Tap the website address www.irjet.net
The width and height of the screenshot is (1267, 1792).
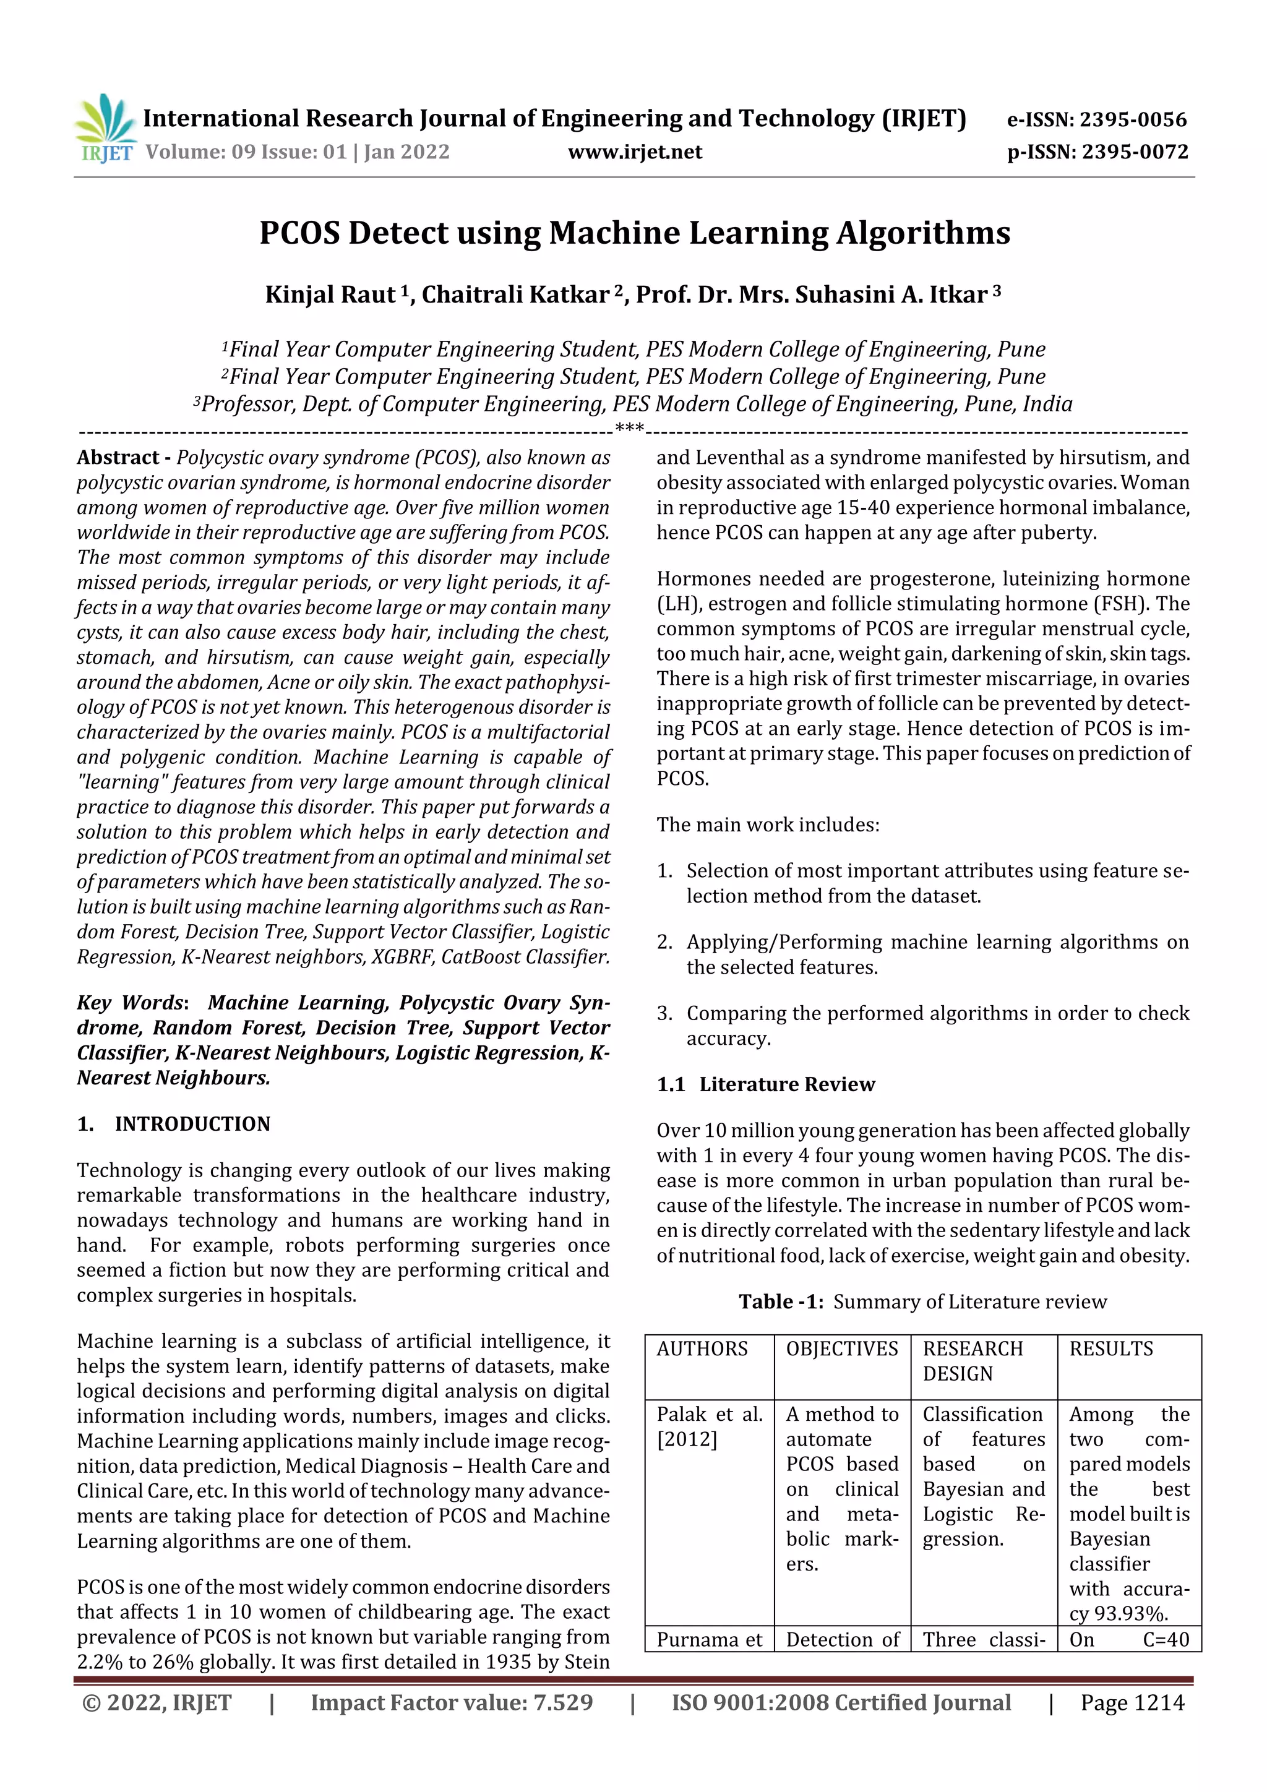pyautogui.click(x=635, y=152)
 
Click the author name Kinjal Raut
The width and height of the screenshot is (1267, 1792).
pyautogui.click(x=330, y=295)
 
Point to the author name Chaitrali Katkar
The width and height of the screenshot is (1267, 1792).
pyautogui.click(x=515, y=295)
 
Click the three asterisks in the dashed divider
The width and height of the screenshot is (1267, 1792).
pyautogui.click(x=629, y=429)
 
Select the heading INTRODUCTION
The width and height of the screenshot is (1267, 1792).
pyautogui.click(x=192, y=1124)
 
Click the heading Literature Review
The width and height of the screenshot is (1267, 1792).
pyautogui.click(x=787, y=1084)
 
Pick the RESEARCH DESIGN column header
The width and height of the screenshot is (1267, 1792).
pyautogui.click(x=973, y=1361)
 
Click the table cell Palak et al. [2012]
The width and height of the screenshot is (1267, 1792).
pyautogui.click(x=708, y=1426)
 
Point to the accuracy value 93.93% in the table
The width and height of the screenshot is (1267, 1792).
pyautogui.click(x=1130, y=1614)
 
